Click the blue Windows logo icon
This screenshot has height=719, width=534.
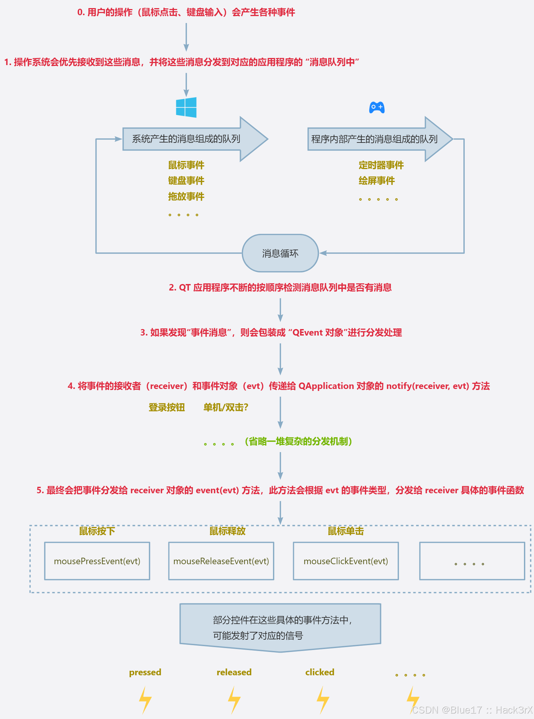[x=186, y=107]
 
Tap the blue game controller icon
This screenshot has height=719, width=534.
[x=377, y=107]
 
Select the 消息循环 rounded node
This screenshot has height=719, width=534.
[x=280, y=253]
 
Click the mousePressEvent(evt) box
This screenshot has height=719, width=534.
[x=97, y=561]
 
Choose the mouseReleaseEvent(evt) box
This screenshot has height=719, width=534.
[x=221, y=561]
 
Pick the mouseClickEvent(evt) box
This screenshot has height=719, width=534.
[x=346, y=561]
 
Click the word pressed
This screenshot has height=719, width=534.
[x=145, y=672]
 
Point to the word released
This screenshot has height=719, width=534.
[x=234, y=672]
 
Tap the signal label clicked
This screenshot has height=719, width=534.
[x=320, y=672]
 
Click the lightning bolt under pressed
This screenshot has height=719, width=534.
[x=145, y=700]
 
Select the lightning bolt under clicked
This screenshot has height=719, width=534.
[x=323, y=700]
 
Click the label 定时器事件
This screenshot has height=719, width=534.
[x=381, y=165]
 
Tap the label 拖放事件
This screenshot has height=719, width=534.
[x=186, y=196]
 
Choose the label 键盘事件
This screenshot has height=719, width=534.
[x=186, y=181]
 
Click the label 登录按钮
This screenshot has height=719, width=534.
[x=167, y=407]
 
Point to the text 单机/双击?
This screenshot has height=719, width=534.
[x=226, y=407]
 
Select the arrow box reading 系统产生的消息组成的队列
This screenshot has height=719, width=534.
[x=186, y=139]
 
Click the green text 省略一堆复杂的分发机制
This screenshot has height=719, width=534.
[x=298, y=441]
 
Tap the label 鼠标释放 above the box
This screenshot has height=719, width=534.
[x=227, y=531]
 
